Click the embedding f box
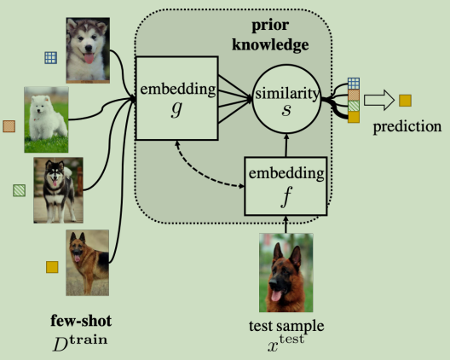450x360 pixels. click(x=287, y=185)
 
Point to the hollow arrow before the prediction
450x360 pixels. click(x=379, y=102)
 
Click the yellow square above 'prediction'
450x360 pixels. click(x=406, y=102)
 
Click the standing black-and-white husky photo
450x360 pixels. click(x=59, y=190)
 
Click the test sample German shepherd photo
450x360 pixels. click(x=286, y=274)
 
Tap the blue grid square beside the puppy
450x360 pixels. click(x=51, y=58)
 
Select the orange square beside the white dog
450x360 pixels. click(x=9, y=126)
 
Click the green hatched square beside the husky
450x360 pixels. click(x=19, y=189)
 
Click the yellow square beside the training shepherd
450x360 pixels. click(x=51, y=267)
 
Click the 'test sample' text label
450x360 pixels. click(x=286, y=325)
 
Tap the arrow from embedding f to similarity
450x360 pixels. click(x=287, y=145)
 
